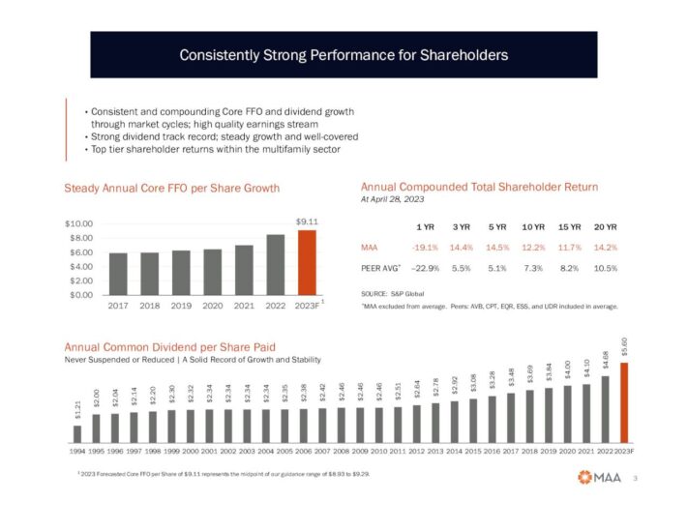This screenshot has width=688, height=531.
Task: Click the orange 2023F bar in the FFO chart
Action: (307, 262)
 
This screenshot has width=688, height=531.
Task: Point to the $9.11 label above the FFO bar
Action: (307, 221)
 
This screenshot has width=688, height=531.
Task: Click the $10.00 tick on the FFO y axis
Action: (80, 224)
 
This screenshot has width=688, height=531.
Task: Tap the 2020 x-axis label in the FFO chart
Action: (213, 305)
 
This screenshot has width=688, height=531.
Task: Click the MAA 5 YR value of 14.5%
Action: (498, 247)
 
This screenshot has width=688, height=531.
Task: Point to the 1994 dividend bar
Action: (77, 432)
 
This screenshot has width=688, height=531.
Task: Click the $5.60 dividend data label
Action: (624, 346)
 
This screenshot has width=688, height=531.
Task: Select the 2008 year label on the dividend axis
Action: (341, 451)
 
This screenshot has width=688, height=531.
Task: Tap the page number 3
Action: (635, 477)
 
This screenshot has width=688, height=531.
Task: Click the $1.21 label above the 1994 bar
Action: (77, 410)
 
